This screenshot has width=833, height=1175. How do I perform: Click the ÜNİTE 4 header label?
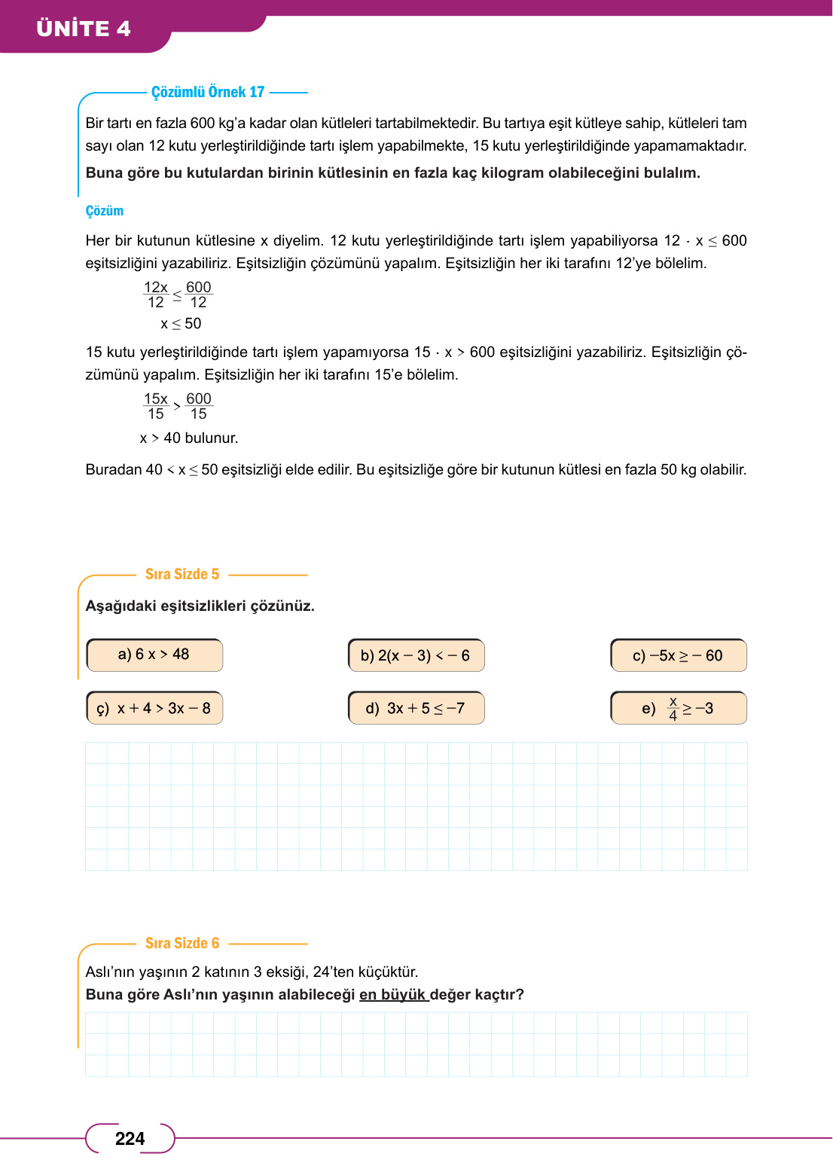point(84,29)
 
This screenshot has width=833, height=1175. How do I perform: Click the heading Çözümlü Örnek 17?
point(208,92)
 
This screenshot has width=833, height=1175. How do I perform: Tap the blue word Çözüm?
point(104,211)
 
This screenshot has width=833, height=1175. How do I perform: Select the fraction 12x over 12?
point(156,295)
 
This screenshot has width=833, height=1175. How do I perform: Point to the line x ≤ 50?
point(181,324)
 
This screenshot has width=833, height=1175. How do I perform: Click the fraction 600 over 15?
point(199,406)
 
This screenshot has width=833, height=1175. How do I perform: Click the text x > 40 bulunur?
point(189,438)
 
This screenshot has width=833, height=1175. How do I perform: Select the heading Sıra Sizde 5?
point(182,574)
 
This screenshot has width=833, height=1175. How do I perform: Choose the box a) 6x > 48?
point(154,655)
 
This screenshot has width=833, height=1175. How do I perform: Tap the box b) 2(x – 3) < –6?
point(416,655)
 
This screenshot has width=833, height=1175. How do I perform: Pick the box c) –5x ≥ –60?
point(678,655)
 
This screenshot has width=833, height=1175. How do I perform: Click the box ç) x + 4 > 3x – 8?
point(154,708)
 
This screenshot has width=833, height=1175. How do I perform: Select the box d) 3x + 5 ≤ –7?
point(416,708)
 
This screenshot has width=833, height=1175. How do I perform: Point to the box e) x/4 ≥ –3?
point(678,708)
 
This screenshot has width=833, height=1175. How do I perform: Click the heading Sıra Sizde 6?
point(182,943)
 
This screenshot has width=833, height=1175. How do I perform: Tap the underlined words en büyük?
point(393,994)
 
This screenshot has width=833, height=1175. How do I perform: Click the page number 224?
point(130,1138)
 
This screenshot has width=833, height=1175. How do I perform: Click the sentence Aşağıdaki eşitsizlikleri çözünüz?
point(200,606)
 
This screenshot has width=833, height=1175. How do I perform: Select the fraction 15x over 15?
point(156,406)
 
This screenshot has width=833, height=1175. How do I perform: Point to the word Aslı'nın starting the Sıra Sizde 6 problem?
point(111,972)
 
